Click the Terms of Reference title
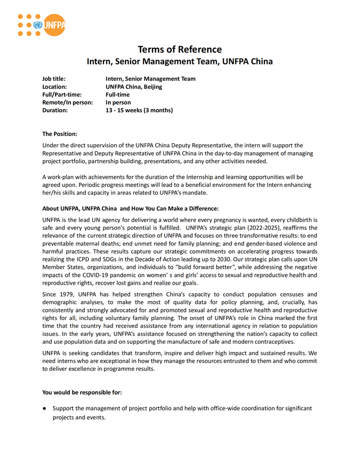click(179, 49)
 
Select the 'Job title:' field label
click(53, 79)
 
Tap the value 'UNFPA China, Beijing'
click(134, 87)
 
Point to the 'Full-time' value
click(118, 95)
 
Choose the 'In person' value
click(118, 102)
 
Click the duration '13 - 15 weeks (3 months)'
click(139, 110)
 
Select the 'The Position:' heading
click(60, 134)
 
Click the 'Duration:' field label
click(55, 110)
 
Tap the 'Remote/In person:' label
click(67, 102)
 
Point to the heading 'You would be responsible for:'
click(82, 393)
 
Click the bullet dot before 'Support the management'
click(45, 408)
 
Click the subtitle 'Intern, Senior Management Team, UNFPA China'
click(179, 62)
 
